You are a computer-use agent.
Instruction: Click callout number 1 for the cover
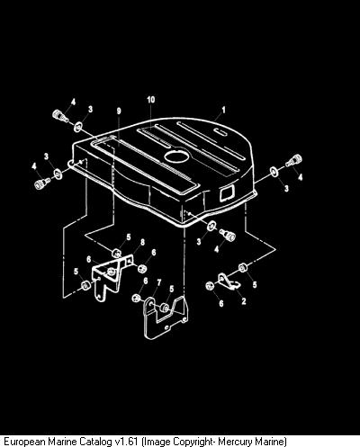pos(223,111)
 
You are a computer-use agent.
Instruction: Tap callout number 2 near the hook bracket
pos(244,301)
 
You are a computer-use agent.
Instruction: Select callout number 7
pos(159,282)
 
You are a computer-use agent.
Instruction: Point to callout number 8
pos(142,242)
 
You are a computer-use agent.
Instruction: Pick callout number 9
pos(119,111)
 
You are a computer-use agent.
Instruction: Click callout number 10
pos(151,100)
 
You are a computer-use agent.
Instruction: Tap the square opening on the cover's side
pos(227,192)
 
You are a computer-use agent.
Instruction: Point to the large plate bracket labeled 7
pos(166,317)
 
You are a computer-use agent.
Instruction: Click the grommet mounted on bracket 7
pos(164,308)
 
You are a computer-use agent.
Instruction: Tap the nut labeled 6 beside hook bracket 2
pos(210,285)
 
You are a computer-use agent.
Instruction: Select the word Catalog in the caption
pos(96,442)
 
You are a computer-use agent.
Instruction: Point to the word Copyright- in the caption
pos(194,442)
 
